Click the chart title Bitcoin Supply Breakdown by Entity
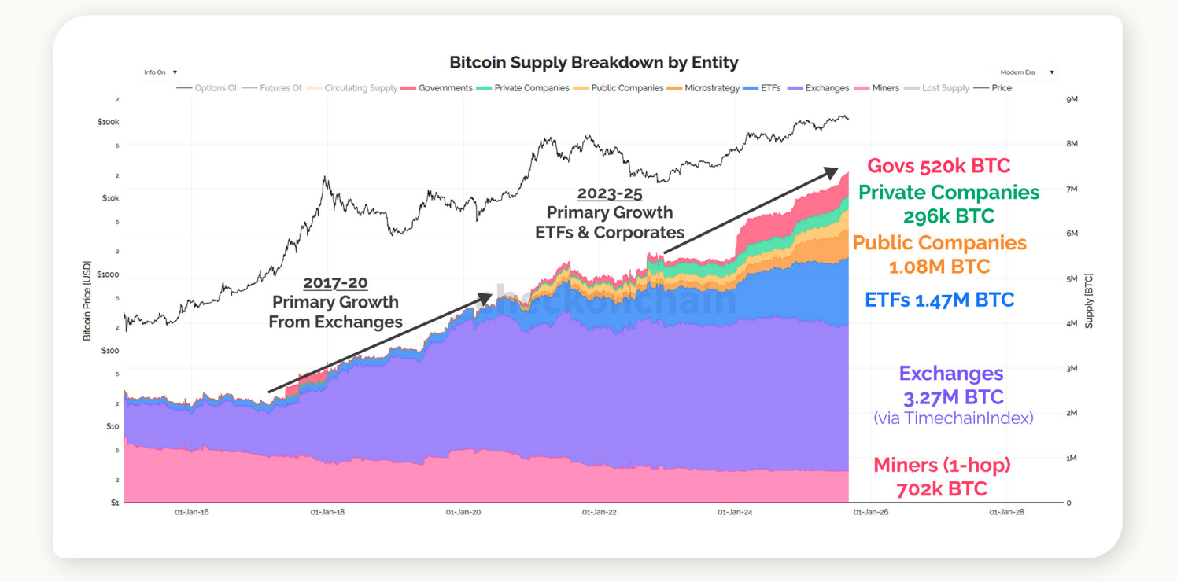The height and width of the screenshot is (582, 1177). coord(593,62)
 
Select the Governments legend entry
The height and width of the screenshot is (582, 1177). coord(445,88)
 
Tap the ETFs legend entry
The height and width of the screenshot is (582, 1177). coord(770,88)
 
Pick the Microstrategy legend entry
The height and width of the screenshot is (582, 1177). coord(711,88)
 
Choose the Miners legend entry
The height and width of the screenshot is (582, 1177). coord(885,88)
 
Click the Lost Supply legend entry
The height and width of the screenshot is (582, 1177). coord(945,88)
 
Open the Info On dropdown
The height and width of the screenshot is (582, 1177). coord(160,72)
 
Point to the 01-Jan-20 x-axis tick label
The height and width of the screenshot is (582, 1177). coord(463,512)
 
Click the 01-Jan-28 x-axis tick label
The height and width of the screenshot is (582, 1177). coord(1006,512)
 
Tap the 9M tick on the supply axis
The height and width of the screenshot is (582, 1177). coord(1072,99)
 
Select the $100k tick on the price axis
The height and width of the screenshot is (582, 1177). coord(108,123)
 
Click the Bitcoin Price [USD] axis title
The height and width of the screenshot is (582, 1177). coord(87,301)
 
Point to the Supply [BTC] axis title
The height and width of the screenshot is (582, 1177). coord(1090,301)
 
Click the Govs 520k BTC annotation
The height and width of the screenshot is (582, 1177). coord(938,166)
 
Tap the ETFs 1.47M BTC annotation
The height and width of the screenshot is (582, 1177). coord(939,300)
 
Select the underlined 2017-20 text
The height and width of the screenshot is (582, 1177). coord(335,282)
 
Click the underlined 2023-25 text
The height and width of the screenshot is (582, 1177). coord(610,193)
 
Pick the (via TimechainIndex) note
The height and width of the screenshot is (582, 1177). coord(953,418)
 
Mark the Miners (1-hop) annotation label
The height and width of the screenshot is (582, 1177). coord(942,465)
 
